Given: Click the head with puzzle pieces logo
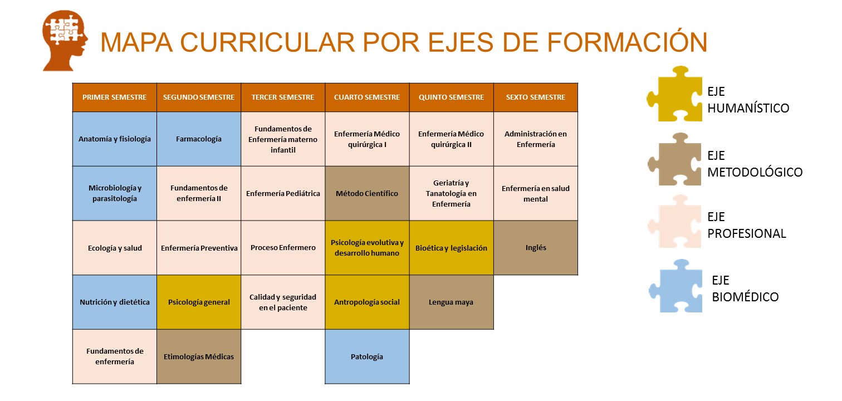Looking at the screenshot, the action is (65, 41).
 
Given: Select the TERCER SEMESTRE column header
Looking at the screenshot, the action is (283, 97).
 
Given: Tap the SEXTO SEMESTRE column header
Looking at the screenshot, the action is (536, 97).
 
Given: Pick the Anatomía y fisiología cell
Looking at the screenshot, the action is (115, 139).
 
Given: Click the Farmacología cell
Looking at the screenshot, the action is (199, 139).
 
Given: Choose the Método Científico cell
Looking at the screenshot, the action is (367, 194).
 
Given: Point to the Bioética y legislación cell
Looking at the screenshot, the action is (452, 248).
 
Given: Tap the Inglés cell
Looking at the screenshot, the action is (536, 248).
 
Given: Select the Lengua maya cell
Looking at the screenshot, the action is (452, 302).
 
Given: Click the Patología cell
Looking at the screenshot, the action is (367, 356).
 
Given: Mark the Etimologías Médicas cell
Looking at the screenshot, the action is (199, 356).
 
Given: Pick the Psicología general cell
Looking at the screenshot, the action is (199, 302).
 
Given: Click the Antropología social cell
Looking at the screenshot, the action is (367, 302).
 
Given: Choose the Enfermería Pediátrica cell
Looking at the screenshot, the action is (283, 194).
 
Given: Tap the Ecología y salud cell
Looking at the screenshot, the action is (115, 248).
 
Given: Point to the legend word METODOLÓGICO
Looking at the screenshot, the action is (755, 172).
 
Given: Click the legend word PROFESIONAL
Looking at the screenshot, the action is (747, 233).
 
